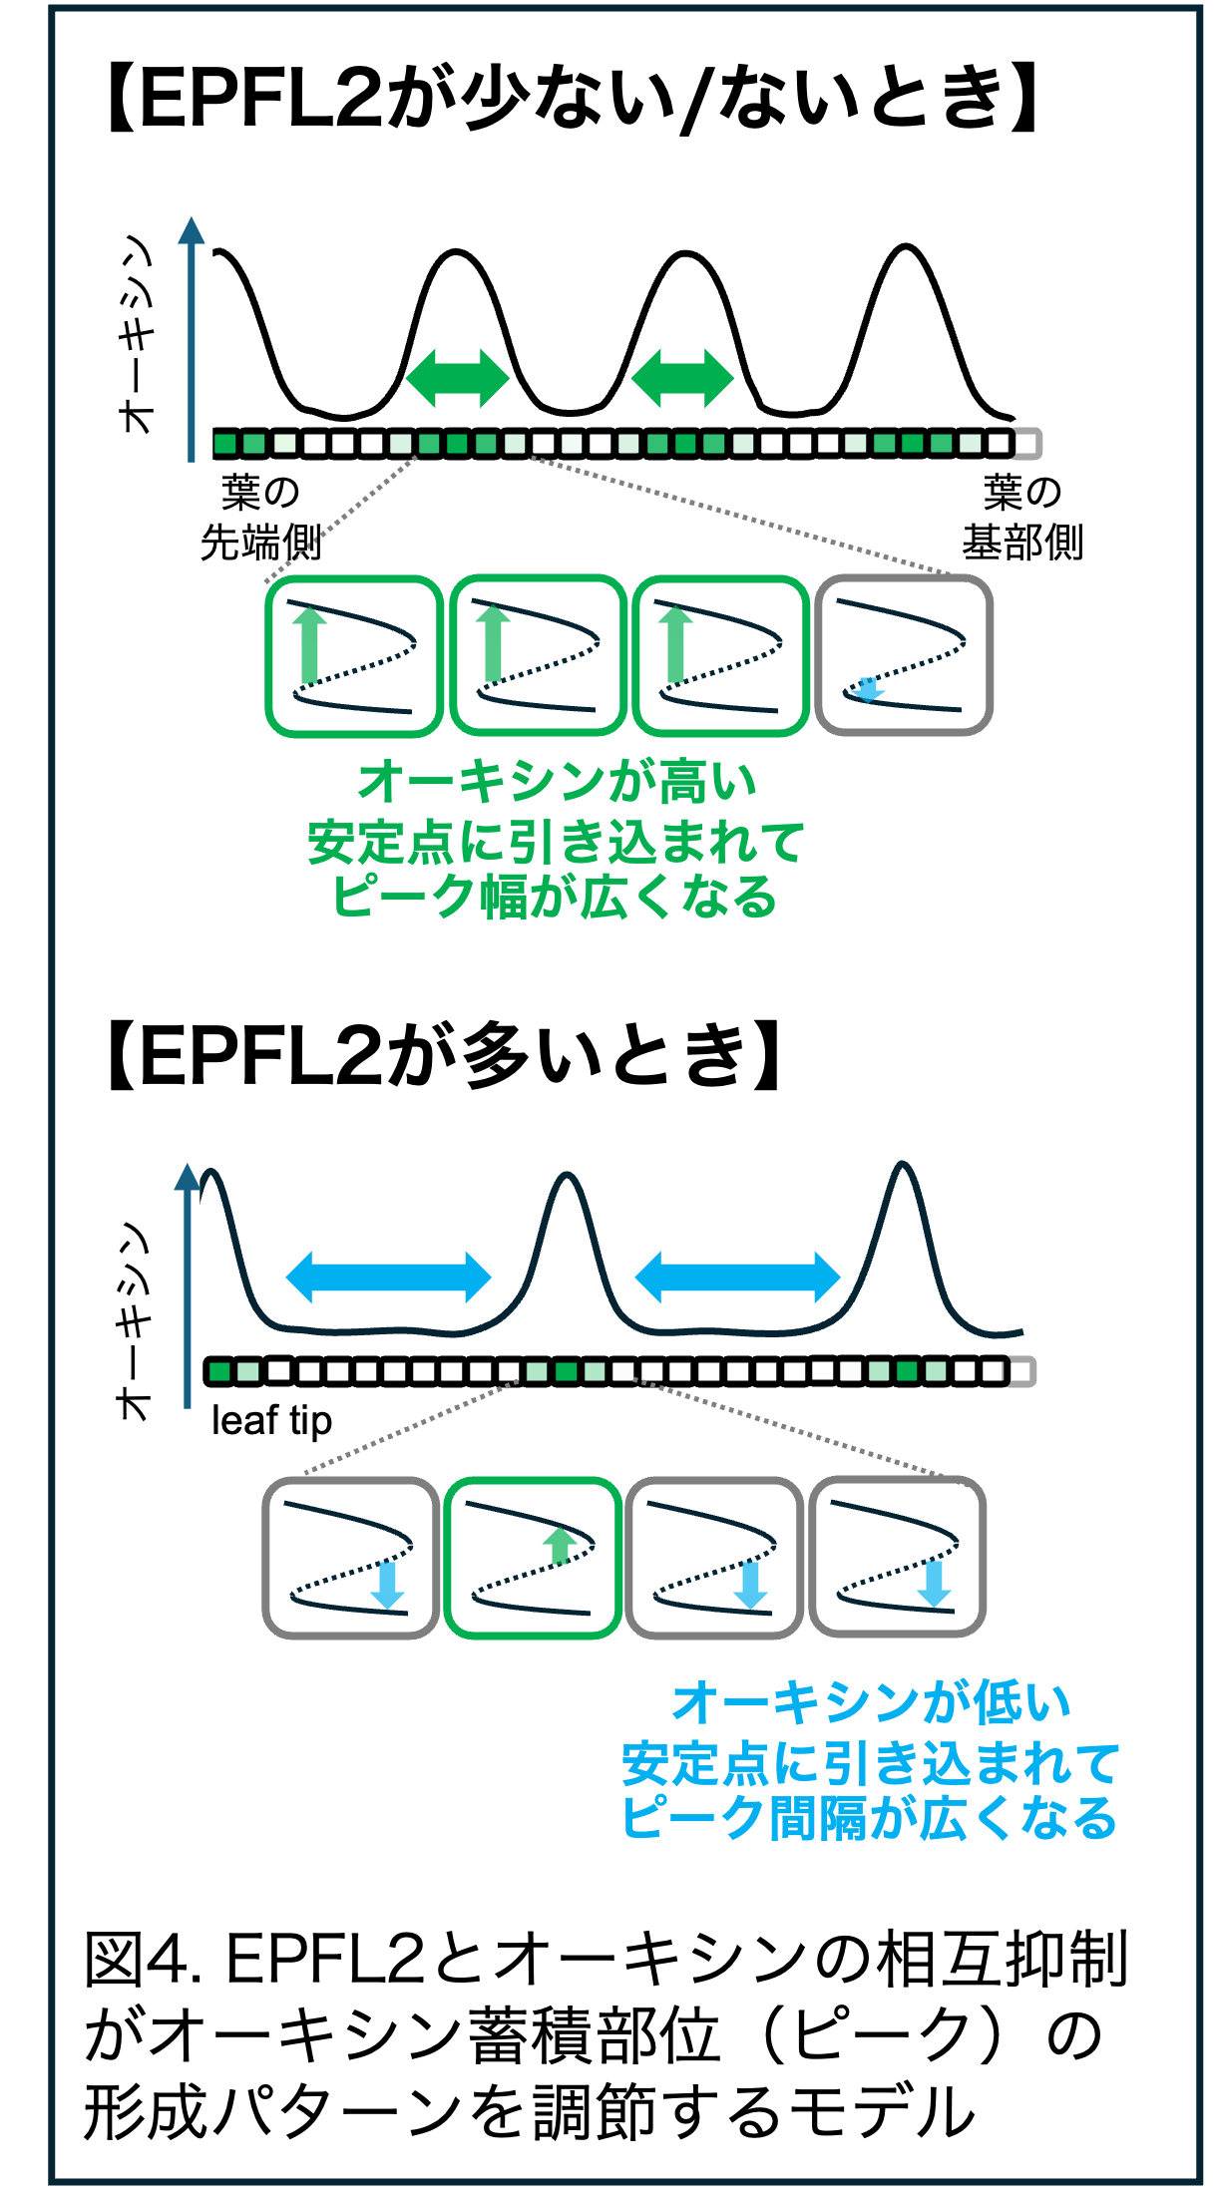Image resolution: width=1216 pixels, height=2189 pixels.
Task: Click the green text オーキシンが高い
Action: (x=557, y=782)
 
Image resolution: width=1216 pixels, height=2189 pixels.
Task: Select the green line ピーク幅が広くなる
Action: (x=555, y=896)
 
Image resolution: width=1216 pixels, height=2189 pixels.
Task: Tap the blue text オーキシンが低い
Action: (x=871, y=1702)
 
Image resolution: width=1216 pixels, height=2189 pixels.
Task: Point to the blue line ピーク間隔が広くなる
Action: (x=869, y=1817)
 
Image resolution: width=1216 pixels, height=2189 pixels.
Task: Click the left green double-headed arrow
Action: (x=458, y=378)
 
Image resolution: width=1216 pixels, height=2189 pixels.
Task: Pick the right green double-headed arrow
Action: (x=682, y=378)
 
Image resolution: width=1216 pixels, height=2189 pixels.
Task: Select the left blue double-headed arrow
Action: (x=388, y=1277)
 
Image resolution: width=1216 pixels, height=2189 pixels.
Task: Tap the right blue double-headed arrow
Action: (x=737, y=1277)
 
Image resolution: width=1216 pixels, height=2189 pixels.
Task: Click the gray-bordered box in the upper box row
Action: (x=904, y=655)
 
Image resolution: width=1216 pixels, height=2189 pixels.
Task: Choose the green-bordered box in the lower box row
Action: (x=533, y=1558)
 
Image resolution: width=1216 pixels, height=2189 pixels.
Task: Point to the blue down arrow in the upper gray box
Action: (x=868, y=689)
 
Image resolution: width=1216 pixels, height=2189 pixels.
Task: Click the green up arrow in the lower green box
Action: (x=561, y=1545)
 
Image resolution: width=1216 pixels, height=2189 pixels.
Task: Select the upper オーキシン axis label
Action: (x=136, y=334)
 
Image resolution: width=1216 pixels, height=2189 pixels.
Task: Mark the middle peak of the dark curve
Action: (x=567, y=1176)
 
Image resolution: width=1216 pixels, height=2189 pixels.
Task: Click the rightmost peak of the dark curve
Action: (x=902, y=1165)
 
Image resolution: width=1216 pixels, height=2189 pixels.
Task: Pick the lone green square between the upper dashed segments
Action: (x=572, y=444)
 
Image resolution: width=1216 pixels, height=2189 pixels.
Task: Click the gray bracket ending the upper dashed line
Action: (x=1026, y=444)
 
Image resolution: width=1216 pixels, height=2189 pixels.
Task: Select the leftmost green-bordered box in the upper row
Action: (x=354, y=655)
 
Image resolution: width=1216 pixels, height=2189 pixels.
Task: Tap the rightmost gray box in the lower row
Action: (x=897, y=1557)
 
